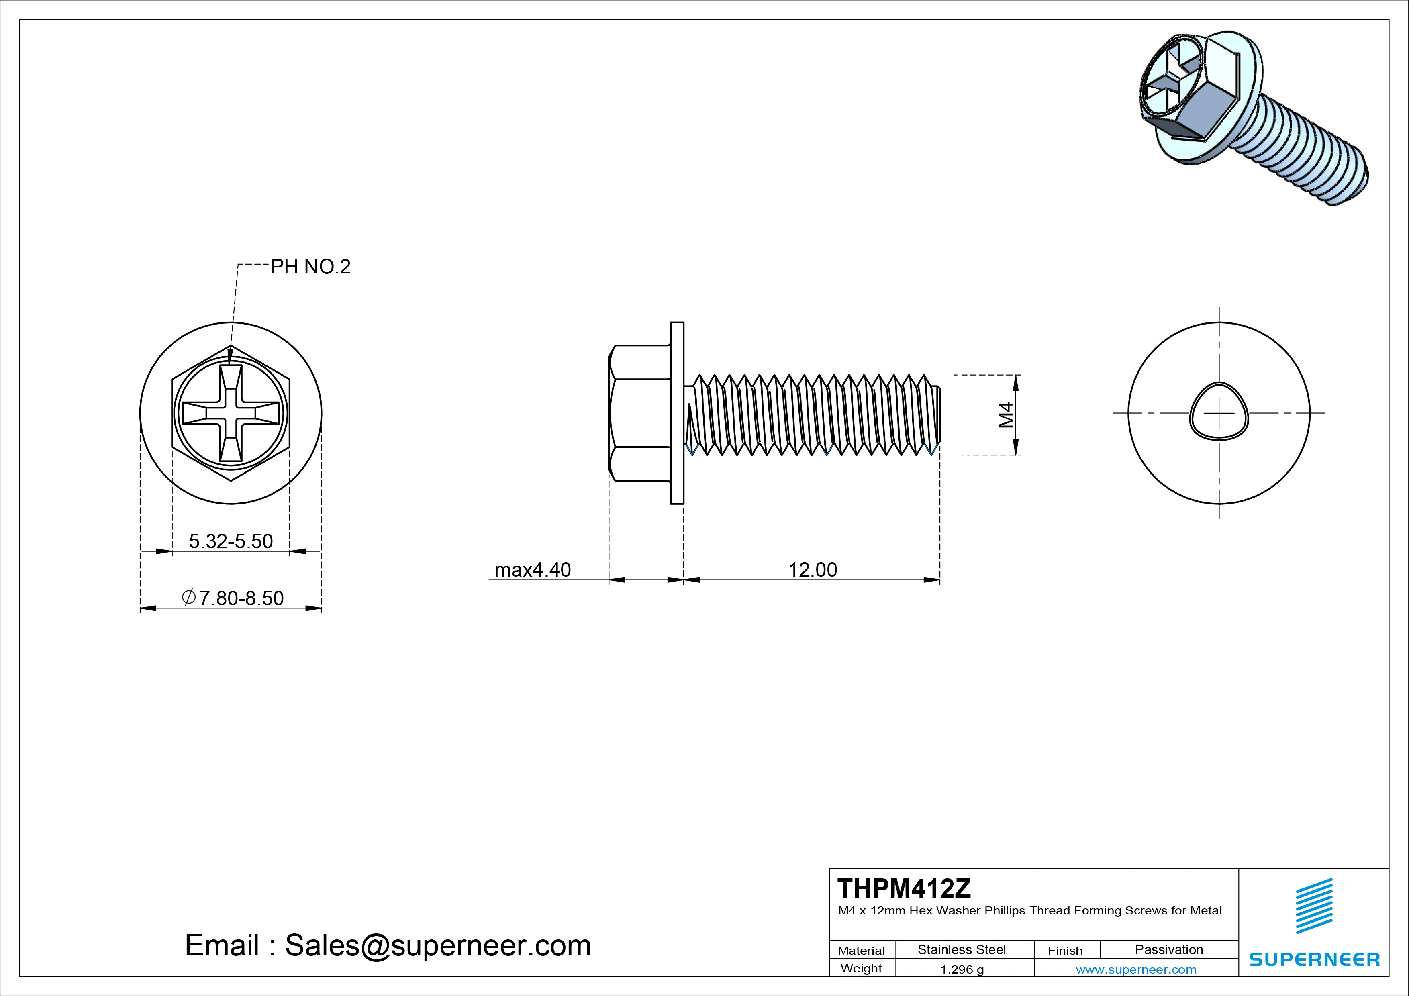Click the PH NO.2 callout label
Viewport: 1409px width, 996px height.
pos(310,267)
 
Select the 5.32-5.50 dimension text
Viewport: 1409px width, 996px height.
pos(231,541)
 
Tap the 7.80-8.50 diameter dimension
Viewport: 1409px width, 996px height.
pos(233,598)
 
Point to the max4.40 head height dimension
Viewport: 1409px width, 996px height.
pos(532,570)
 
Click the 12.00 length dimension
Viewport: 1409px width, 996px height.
pos(813,570)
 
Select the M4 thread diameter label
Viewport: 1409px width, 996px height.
pos(1005,415)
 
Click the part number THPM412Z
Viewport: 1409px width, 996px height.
pos(904,888)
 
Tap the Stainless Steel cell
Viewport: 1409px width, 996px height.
pos(962,949)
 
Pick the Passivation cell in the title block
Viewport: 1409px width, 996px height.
pos(1168,949)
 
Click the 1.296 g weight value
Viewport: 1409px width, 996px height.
pos(962,969)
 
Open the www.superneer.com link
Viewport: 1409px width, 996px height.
pos(1136,969)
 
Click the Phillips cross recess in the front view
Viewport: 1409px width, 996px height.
pos(231,413)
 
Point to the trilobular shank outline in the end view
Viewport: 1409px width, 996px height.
pos(1219,411)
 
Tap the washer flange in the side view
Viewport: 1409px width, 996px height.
pos(677,413)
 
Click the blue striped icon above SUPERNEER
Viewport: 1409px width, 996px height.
pos(1314,905)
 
